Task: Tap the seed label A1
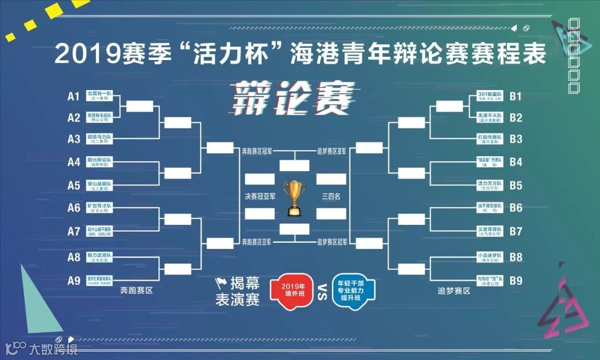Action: (x=74, y=96)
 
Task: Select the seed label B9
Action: (x=516, y=281)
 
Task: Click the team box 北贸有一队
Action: (x=99, y=96)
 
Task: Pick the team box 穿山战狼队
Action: (x=99, y=184)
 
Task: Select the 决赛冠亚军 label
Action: (x=259, y=196)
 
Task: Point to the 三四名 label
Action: (x=331, y=196)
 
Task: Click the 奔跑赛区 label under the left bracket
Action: (x=137, y=291)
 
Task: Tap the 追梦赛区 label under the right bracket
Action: (x=454, y=291)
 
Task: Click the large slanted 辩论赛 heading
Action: (x=293, y=99)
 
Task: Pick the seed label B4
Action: (x=516, y=162)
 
